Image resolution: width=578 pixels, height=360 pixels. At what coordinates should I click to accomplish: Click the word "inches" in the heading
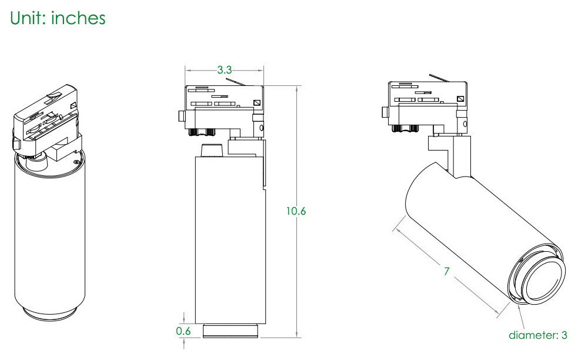tap(78, 18)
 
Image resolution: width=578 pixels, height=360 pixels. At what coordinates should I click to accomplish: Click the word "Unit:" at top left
tap(28, 18)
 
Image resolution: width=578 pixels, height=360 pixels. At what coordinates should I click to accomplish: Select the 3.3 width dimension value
tap(225, 70)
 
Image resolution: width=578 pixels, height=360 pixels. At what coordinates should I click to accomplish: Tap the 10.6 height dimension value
tap(296, 211)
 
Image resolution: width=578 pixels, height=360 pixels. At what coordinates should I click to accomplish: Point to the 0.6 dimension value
tap(183, 331)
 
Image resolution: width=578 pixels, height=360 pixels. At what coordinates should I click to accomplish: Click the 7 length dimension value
tap(447, 272)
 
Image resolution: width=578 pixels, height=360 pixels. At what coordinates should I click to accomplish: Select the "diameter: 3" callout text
tap(538, 335)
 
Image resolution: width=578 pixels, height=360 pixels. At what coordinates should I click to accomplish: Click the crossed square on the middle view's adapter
tap(257, 103)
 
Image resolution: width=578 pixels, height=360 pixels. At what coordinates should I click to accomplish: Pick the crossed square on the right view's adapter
tap(460, 99)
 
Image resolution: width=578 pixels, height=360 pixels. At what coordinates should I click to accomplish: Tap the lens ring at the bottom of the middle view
tap(230, 331)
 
